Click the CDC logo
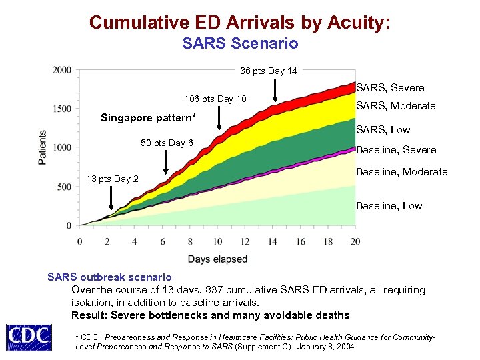[x=29, y=337]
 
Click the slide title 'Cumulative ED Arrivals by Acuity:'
[x=240, y=23]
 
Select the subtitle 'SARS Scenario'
[x=240, y=44]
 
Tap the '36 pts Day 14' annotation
[x=269, y=71]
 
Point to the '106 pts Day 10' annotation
[x=215, y=99]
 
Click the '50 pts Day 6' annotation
[x=167, y=143]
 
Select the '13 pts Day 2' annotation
[x=113, y=179]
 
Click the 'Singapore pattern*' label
[x=148, y=118]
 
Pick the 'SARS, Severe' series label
[x=390, y=87]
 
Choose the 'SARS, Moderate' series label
[x=395, y=106]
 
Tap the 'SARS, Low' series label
[x=383, y=130]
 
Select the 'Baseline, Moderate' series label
[x=401, y=172]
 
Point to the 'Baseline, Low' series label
[x=389, y=205]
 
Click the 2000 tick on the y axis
[x=63, y=70]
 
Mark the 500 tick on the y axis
[x=65, y=187]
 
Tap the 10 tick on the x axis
[x=217, y=241]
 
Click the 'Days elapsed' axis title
[x=217, y=259]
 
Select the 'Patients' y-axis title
[x=42, y=147]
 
